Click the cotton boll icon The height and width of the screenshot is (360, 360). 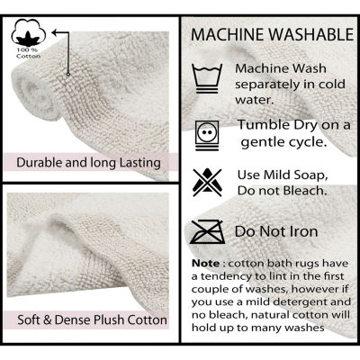click(x=29, y=32)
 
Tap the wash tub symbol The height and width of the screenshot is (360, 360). click(x=207, y=79)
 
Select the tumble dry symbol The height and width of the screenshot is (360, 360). click(x=207, y=135)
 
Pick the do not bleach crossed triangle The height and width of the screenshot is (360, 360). click(x=207, y=183)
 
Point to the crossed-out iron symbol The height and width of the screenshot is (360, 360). click(x=207, y=232)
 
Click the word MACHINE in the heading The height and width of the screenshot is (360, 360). click(x=228, y=34)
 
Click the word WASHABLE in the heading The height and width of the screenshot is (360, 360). click(x=311, y=34)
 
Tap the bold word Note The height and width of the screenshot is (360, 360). click(x=206, y=264)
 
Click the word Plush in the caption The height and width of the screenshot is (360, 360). click(x=110, y=319)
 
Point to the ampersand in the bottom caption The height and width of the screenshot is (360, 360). click(x=48, y=319)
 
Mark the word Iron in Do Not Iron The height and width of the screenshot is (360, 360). click(x=303, y=231)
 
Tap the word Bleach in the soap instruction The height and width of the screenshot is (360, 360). click(x=305, y=191)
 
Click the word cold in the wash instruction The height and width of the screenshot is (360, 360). click(x=331, y=84)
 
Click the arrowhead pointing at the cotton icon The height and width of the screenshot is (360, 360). click(x=55, y=32)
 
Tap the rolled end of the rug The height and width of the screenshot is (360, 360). click(x=36, y=96)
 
